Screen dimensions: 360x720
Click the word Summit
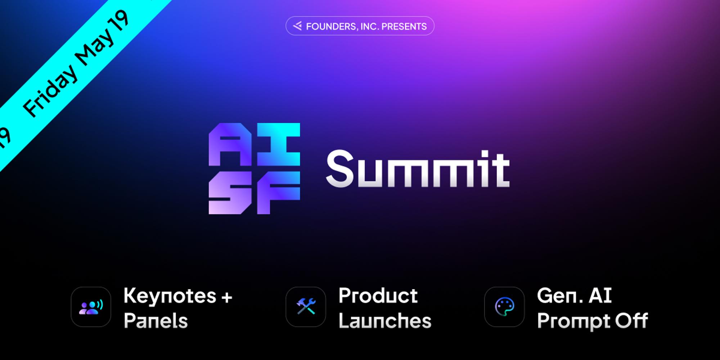tap(418, 168)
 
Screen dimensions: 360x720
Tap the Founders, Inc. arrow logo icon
tap(297, 26)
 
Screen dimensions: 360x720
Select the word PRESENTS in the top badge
tap(404, 26)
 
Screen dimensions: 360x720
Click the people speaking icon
tap(91, 307)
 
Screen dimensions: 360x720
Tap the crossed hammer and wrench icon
tap(306, 307)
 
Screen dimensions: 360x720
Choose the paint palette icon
tap(504, 307)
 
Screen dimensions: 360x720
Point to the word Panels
tap(156, 321)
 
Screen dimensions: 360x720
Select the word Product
tap(378, 296)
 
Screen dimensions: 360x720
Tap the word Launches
tap(385, 321)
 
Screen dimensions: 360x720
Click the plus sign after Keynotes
tap(227, 297)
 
